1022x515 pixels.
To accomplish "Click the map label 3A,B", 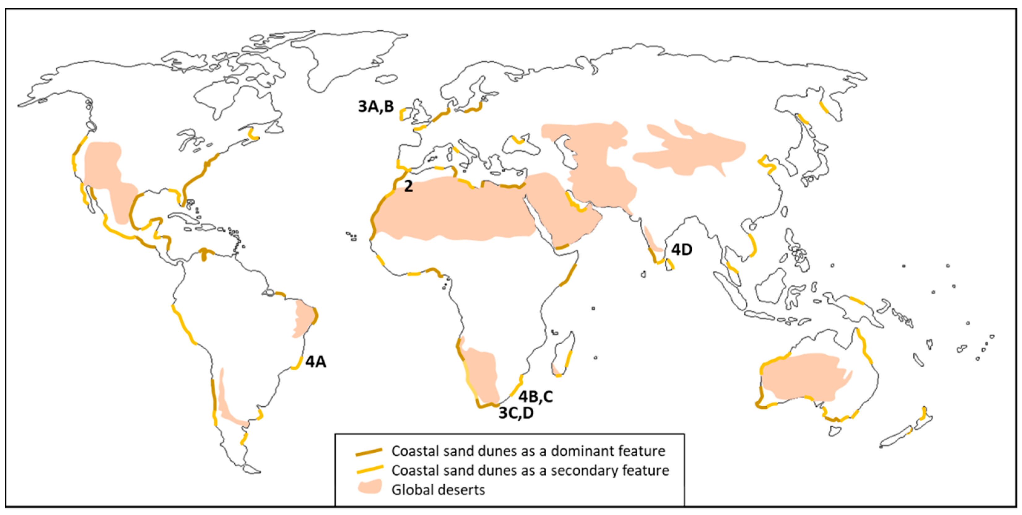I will click(x=376, y=107).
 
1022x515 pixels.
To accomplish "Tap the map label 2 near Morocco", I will click(x=408, y=186).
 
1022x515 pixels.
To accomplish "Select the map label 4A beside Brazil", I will click(x=316, y=362).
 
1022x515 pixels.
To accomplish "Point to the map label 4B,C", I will click(x=535, y=396).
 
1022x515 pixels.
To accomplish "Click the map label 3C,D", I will click(x=516, y=413).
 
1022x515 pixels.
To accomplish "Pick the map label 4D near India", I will click(x=682, y=250).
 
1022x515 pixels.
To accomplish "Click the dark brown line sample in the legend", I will click(x=369, y=452).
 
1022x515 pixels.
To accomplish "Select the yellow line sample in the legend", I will click(x=369, y=470).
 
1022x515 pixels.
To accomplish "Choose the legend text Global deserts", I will click(x=438, y=490).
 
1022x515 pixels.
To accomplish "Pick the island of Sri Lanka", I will click(x=670, y=265).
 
